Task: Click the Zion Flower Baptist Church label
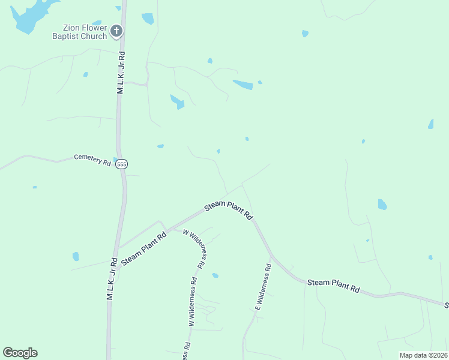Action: [85, 32]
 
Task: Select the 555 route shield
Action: [122, 164]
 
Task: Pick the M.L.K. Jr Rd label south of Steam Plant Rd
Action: [111, 279]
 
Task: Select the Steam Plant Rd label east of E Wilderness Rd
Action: [333, 286]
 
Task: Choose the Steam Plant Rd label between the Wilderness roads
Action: [229, 210]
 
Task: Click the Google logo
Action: [20, 353]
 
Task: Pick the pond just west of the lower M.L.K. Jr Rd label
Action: [76, 256]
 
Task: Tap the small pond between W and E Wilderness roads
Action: [215, 275]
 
